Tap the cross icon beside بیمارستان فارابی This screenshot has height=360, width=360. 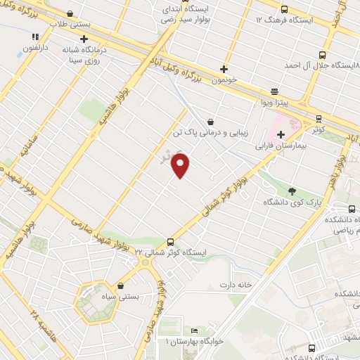pyautogui.click(x=281, y=134)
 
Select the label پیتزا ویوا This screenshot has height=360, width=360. pyautogui.click(x=273, y=103)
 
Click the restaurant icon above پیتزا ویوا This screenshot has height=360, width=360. pyautogui.click(x=274, y=91)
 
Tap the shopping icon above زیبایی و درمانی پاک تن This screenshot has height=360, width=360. pyautogui.click(x=211, y=121)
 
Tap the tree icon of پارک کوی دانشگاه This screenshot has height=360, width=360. pyautogui.click(x=292, y=191)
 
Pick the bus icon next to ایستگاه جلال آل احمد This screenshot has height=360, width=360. pyautogui.click(x=322, y=55)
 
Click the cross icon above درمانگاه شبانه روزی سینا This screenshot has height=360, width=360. pyautogui.click(x=84, y=39)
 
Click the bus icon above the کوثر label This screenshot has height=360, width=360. pyautogui.click(x=319, y=119)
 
